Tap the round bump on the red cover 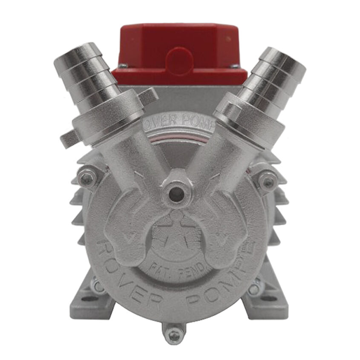click(x=179, y=58)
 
